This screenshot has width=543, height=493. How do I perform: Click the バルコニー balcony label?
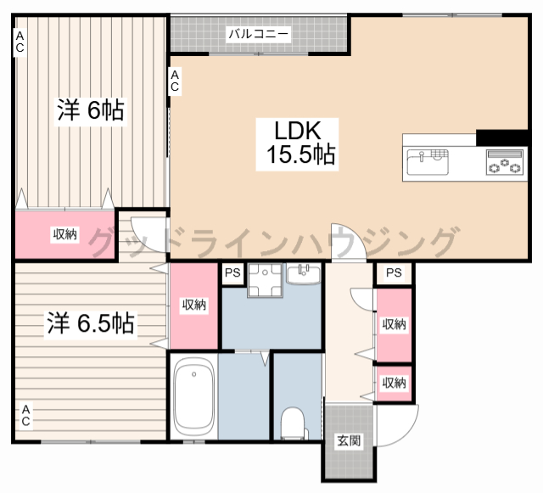258,34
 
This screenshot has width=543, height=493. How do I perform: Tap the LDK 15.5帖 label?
297,143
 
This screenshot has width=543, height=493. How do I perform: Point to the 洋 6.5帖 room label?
91,322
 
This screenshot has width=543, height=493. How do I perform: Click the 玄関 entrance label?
349,441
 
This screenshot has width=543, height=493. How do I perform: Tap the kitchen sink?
428,161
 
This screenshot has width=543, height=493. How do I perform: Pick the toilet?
293,423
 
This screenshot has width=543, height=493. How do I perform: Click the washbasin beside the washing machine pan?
304,273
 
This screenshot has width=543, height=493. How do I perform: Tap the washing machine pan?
265,280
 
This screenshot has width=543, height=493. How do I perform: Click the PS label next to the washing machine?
232,272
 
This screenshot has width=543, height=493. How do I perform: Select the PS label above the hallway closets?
394,272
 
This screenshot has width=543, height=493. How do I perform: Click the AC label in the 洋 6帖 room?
20,42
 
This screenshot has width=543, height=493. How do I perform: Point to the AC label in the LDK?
175,81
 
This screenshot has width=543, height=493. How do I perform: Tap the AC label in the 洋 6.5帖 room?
26,416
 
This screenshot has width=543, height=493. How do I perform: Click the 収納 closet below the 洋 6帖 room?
65,234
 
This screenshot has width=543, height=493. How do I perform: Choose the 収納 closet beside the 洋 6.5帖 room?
194,305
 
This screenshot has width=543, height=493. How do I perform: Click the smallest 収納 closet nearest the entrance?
394,384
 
